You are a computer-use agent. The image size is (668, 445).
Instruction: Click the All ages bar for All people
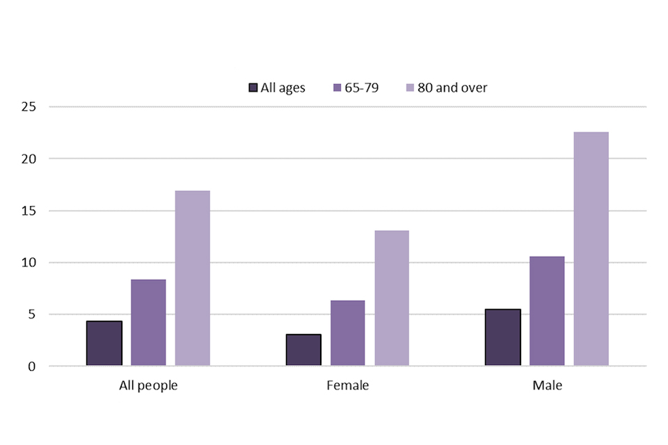click(104, 343)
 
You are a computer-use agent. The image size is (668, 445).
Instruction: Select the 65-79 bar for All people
click(148, 323)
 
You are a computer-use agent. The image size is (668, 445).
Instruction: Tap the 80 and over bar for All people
click(193, 278)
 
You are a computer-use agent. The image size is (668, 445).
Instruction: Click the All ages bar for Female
click(303, 350)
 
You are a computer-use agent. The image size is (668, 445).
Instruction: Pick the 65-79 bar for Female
click(348, 333)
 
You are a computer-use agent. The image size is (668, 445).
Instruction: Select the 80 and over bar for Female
click(392, 298)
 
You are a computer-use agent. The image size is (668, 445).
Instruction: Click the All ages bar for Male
click(502, 337)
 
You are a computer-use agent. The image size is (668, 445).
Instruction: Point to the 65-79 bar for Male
click(547, 311)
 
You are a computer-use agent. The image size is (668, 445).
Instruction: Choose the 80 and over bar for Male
click(591, 249)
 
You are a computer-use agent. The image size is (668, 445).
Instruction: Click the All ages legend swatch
click(253, 88)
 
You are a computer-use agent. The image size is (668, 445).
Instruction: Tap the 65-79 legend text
click(362, 88)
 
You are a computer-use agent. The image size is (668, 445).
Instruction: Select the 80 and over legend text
click(452, 88)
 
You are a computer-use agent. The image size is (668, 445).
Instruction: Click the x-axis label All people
click(148, 385)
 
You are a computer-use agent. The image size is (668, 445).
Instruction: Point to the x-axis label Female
click(348, 385)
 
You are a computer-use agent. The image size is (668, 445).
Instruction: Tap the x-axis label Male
click(547, 385)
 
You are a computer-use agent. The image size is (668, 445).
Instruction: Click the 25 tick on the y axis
click(29, 107)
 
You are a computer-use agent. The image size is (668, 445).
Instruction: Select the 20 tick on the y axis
click(29, 159)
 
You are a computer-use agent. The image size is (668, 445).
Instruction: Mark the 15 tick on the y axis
click(29, 211)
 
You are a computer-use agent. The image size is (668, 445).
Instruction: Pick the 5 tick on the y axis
click(32, 314)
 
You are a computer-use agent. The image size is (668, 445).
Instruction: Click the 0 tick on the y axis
click(32, 366)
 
